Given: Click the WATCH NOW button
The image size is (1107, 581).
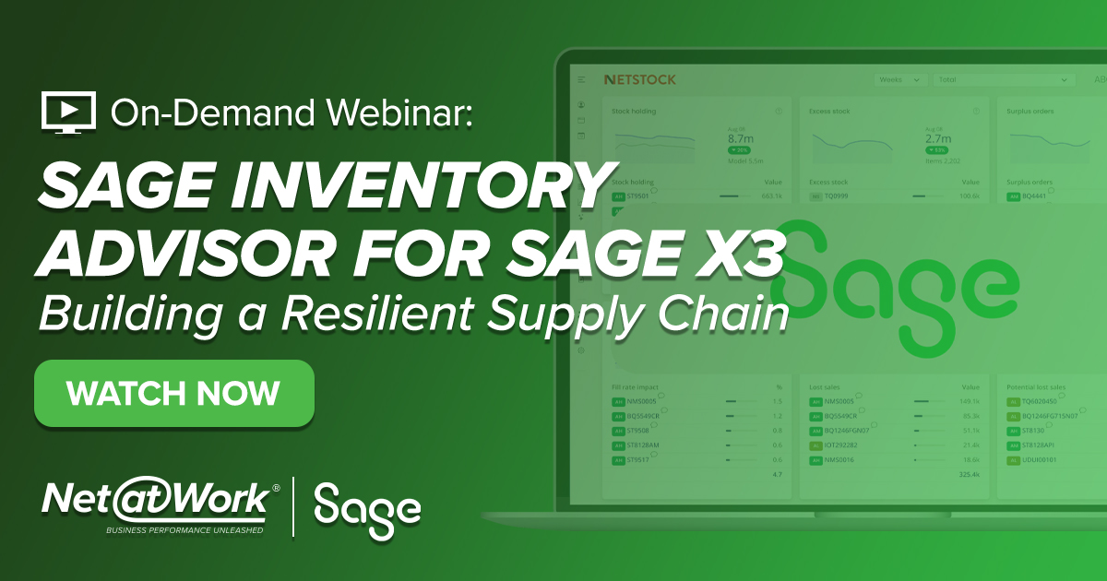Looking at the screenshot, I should pos(173,394).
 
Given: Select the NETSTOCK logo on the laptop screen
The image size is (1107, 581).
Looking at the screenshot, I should pos(639,80).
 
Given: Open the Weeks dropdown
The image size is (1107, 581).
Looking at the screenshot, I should pos(900,80).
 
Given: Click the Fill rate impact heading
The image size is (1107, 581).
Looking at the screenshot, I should pos(636,387).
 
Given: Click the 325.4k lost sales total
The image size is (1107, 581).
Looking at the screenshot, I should pos(969,474).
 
